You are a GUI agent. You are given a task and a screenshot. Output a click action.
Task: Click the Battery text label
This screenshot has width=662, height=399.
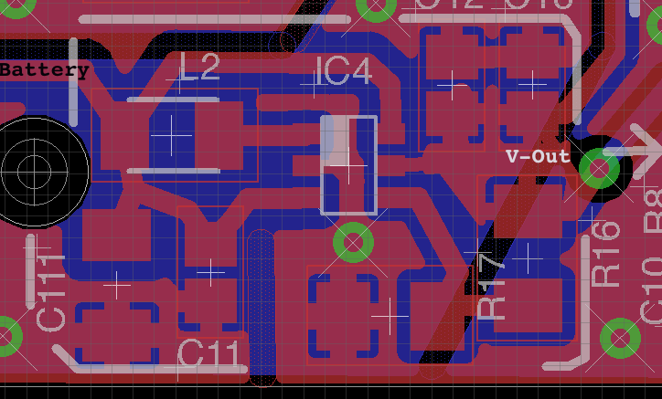(x=44, y=69)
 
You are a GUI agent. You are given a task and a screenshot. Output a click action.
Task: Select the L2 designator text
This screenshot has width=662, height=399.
(x=199, y=68)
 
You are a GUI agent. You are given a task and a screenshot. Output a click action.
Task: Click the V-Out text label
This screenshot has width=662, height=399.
(x=538, y=156)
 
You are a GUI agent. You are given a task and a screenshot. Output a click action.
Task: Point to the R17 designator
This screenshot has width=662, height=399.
(x=492, y=286)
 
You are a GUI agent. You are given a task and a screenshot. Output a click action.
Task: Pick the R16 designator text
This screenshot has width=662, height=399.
(x=606, y=254)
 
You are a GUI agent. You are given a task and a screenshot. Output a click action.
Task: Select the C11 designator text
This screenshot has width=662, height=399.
(x=212, y=353)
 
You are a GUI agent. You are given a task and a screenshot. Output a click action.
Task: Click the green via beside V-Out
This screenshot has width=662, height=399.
(x=600, y=168)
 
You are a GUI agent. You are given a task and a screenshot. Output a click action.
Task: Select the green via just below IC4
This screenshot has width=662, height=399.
(x=353, y=243)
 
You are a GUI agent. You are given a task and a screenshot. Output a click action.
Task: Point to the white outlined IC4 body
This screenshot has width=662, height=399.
(x=348, y=165)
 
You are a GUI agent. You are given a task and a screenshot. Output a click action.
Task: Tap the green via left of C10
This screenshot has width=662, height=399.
(x=620, y=337)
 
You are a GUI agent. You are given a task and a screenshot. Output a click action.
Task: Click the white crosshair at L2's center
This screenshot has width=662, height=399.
(x=171, y=134)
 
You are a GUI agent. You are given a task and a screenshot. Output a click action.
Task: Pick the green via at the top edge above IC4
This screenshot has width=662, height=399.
(x=376, y=6)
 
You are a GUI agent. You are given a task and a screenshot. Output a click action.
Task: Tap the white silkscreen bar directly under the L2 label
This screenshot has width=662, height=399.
(x=174, y=99)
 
